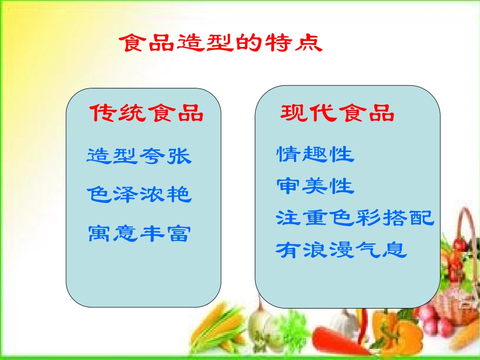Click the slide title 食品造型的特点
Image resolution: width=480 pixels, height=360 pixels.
tap(220, 43)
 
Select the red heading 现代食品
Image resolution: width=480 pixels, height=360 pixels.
tap(338, 114)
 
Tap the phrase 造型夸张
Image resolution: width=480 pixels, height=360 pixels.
tap(139, 156)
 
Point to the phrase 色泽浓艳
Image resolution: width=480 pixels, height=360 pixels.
tap(139, 194)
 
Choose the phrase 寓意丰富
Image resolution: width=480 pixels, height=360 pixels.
tap(139, 233)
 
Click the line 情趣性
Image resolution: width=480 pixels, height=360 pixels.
tap(315, 154)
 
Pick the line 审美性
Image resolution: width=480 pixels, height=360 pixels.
tap(315, 186)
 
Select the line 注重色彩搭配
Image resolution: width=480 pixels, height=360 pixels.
tap(355, 218)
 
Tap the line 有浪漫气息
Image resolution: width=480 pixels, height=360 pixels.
tap(342, 250)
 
